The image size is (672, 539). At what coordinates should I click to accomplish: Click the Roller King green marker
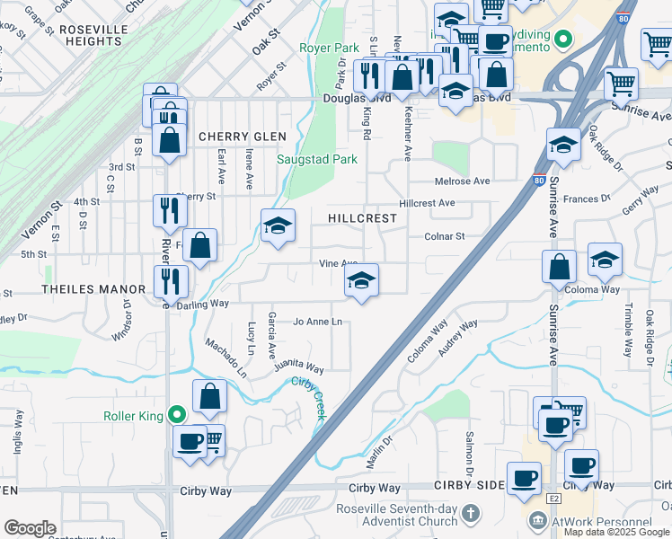[178, 415]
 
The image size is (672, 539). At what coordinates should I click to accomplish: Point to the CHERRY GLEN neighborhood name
[242, 137]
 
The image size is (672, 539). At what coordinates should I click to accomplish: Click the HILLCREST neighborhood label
[362, 218]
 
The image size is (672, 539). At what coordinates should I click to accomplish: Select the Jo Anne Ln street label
[318, 322]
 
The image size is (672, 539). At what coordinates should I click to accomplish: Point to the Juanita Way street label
[300, 367]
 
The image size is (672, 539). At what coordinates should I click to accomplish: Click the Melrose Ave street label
[462, 181]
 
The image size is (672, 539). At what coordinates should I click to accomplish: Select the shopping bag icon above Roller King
[209, 396]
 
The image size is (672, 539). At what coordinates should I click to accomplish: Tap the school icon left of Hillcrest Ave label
[279, 225]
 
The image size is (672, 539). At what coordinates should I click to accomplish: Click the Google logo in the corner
[30, 527]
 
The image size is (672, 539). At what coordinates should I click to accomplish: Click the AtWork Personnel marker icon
[537, 521]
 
